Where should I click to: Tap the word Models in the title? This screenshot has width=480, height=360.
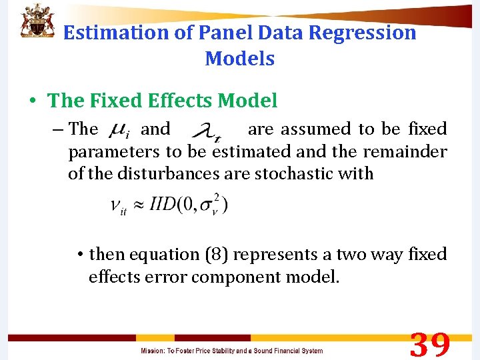(240, 59)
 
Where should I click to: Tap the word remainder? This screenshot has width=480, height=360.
(404, 152)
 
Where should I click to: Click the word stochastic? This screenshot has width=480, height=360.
(293, 174)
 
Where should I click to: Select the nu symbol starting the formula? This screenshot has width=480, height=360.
(116, 206)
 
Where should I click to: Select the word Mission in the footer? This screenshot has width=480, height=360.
(153, 351)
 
